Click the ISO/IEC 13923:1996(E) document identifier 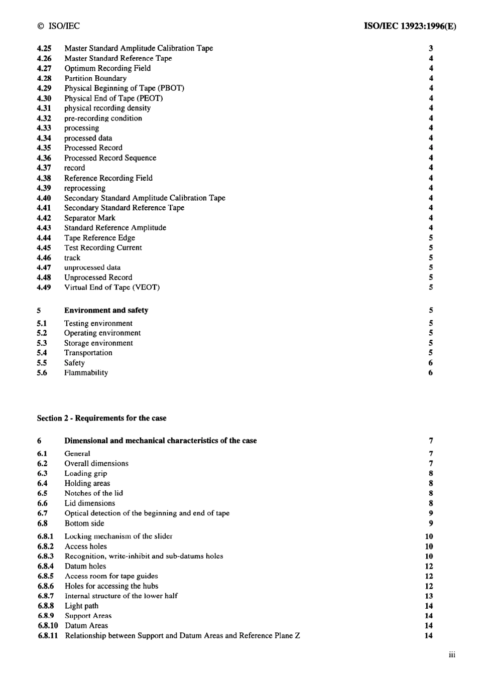[410, 26]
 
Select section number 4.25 [44, 48]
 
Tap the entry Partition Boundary [95, 78]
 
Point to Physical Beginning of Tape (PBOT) [124, 88]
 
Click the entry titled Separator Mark [89, 218]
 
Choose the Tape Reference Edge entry [99, 238]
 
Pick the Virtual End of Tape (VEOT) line [111, 288]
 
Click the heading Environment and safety [106, 310]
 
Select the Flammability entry [86, 373]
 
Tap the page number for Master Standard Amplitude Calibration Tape [431, 48]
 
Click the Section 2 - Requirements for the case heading [101, 418]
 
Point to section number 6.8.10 [48, 626]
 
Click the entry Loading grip [85, 473]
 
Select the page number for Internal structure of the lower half [429, 596]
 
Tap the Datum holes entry [85, 566]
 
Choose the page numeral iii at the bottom [452, 654]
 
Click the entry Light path [81, 606]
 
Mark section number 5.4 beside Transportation [42, 353]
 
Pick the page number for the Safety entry [431, 363]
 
